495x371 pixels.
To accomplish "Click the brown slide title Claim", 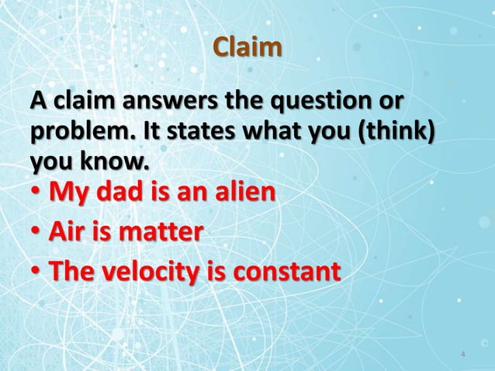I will [x=247, y=47].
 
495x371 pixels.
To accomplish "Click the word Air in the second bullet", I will [x=67, y=231].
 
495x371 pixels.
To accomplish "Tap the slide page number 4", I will [x=462, y=355].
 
